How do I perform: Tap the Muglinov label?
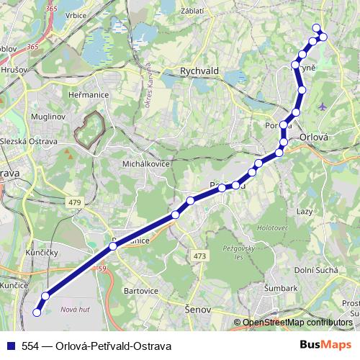point(48,115)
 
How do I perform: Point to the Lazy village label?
point(304,212)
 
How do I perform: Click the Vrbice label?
point(75,15)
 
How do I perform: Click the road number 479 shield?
point(74,202)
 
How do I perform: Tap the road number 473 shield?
point(199,256)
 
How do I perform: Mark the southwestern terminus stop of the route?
point(37,312)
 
